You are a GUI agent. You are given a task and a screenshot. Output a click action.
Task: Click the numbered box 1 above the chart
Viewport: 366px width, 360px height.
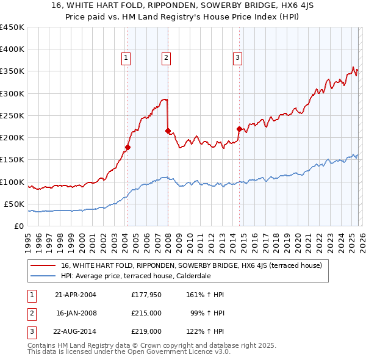point(126,58)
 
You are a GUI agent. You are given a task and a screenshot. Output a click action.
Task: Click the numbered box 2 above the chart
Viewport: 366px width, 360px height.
point(166,58)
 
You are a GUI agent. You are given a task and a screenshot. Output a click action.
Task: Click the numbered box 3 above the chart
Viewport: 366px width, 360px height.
point(237,58)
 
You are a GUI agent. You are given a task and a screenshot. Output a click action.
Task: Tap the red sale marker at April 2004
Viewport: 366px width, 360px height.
point(127,147)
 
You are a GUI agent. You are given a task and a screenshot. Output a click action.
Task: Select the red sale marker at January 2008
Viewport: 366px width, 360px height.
point(168,131)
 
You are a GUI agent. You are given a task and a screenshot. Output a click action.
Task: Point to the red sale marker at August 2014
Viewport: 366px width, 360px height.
point(239,129)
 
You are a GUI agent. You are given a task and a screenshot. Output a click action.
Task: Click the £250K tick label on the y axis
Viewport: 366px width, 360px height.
point(12,115)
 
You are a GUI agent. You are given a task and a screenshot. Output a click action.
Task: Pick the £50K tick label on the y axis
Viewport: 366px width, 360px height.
point(14,204)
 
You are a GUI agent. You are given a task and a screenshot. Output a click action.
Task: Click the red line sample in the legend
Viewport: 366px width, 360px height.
point(44,265)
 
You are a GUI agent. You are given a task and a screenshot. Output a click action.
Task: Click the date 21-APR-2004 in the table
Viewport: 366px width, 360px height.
point(75,295)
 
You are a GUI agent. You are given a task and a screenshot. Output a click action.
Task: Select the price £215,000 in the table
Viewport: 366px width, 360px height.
point(146,313)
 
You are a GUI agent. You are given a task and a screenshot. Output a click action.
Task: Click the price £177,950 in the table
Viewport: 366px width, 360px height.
point(146,295)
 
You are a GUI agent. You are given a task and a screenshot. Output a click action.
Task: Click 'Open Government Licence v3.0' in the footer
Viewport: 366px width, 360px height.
point(180,353)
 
